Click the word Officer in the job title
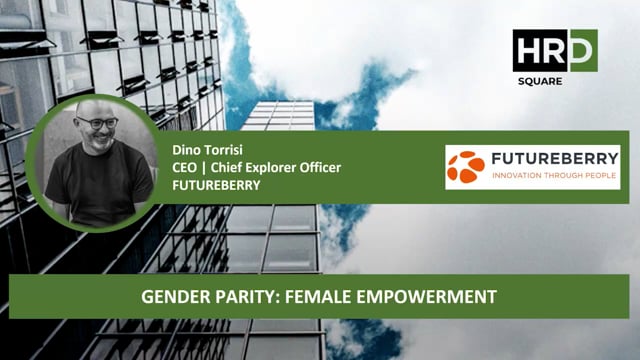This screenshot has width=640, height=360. point(325,167)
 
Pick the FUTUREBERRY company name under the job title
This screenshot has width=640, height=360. point(216,184)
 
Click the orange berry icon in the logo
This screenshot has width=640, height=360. point(466,166)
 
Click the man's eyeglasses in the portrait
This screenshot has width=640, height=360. point(96,122)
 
